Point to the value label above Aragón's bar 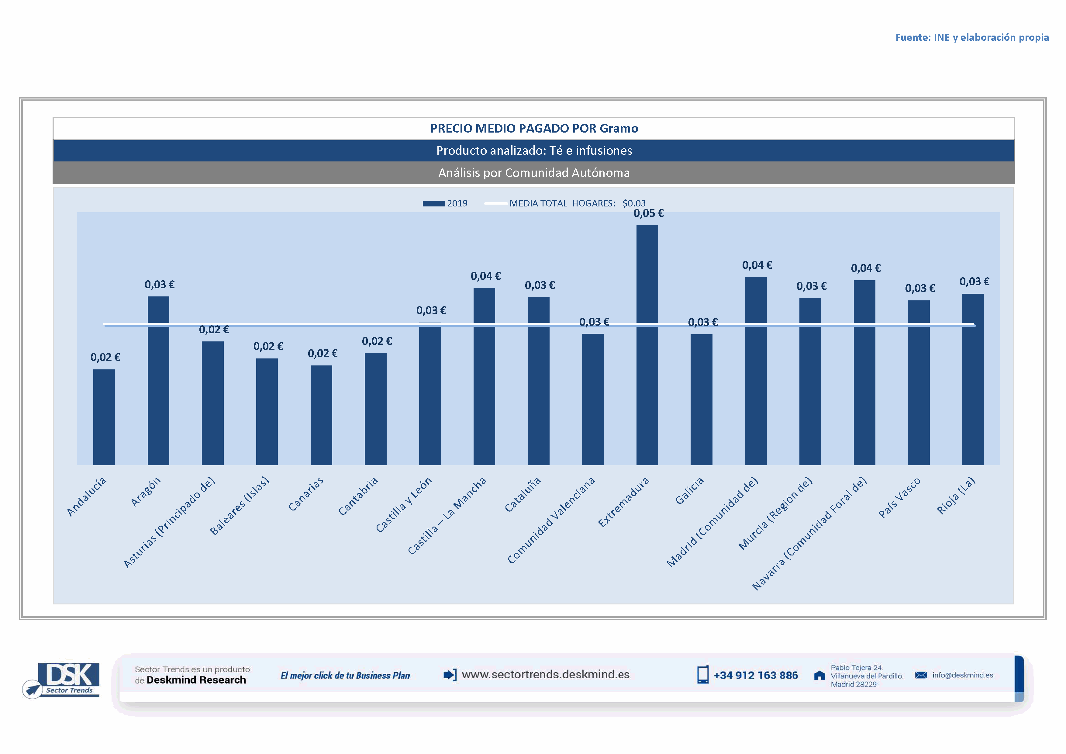pyautogui.click(x=159, y=285)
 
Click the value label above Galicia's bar pyautogui.click(x=702, y=322)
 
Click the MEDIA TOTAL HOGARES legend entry pyautogui.click(x=564, y=203)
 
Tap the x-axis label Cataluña pyautogui.click(x=523, y=495)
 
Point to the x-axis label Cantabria pyautogui.click(x=358, y=496)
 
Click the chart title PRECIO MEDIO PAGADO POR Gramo pyautogui.click(x=534, y=129)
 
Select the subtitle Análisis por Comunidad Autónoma pyautogui.click(x=534, y=173)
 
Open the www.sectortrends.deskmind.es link pyautogui.click(x=546, y=675)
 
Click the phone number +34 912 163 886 pyautogui.click(x=755, y=676)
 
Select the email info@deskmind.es pyautogui.click(x=962, y=675)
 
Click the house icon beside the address pyautogui.click(x=819, y=676)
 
